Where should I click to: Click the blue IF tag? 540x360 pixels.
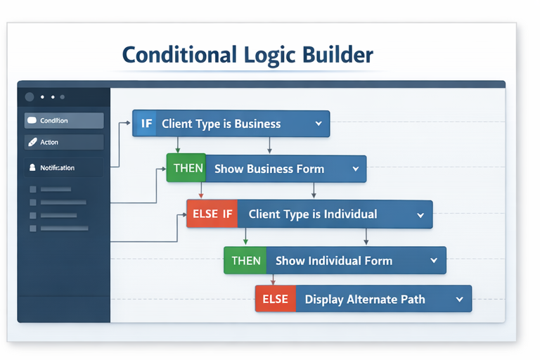pyautogui.click(x=146, y=124)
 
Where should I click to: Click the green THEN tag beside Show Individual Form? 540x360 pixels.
pyautogui.click(x=245, y=261)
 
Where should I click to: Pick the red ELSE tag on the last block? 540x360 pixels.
pyautogui.click(x=275, y=299)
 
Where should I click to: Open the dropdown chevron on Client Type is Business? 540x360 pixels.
pyautogui.click(x=319, y=124)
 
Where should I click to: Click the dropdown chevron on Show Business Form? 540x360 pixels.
pyautogui.click(x=356, y=169)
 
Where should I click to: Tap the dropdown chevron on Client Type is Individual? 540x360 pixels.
pyautogui.click(x=420, y=215)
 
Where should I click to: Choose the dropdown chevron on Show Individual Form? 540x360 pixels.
pyautogui.click(x=434, y=261)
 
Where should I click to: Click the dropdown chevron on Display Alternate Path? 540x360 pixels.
pyautogui.click(x=459, y=300)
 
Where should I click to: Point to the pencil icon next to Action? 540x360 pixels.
pyautogui.click(x=32, y=142)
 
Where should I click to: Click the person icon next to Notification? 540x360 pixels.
pyautogui.click(x=32, y=168)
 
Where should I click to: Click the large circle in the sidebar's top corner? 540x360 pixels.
pyautogui.click(x=30, y=97)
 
